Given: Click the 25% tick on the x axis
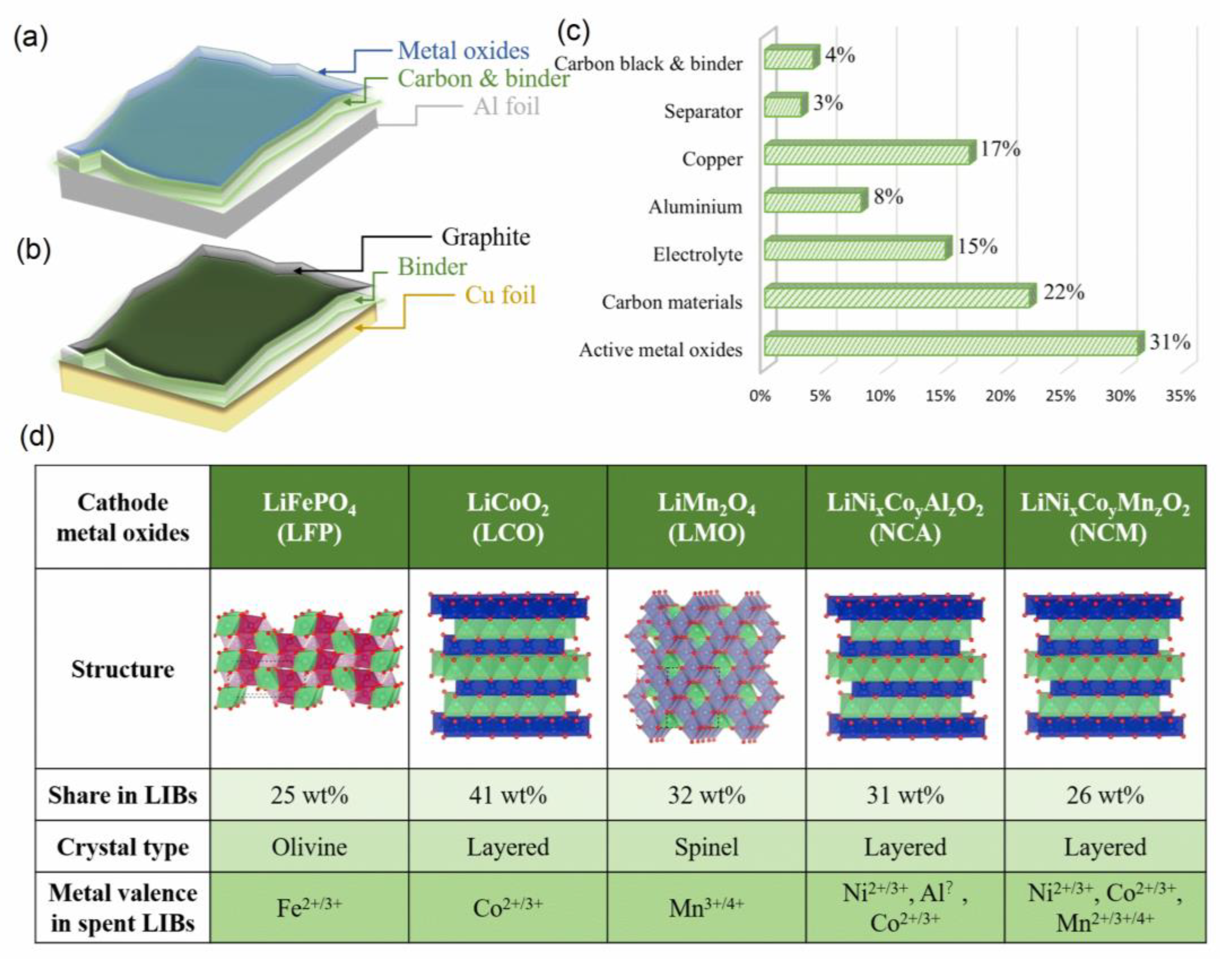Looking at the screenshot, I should pyautogui.click(x=1060, y=396).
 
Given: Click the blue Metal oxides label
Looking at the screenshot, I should pyautogui.click(x=463, y=51).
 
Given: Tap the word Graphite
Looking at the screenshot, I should pyautogui.click(x=485, y=237).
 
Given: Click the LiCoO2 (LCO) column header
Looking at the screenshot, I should pyautogui.click(x=507, y=517).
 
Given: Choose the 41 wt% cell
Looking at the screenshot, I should pyautogui.click(x=507, y=795).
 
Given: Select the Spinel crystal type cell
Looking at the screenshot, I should pyautogui.click(x=706, y=847).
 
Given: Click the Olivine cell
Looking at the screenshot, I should pyautogui.click(x=309, y=847).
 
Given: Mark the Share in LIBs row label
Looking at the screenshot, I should pyautogui.click(x=123, y=795).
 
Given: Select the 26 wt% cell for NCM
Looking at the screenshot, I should pyautogui.click(x=1105, y=795).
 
